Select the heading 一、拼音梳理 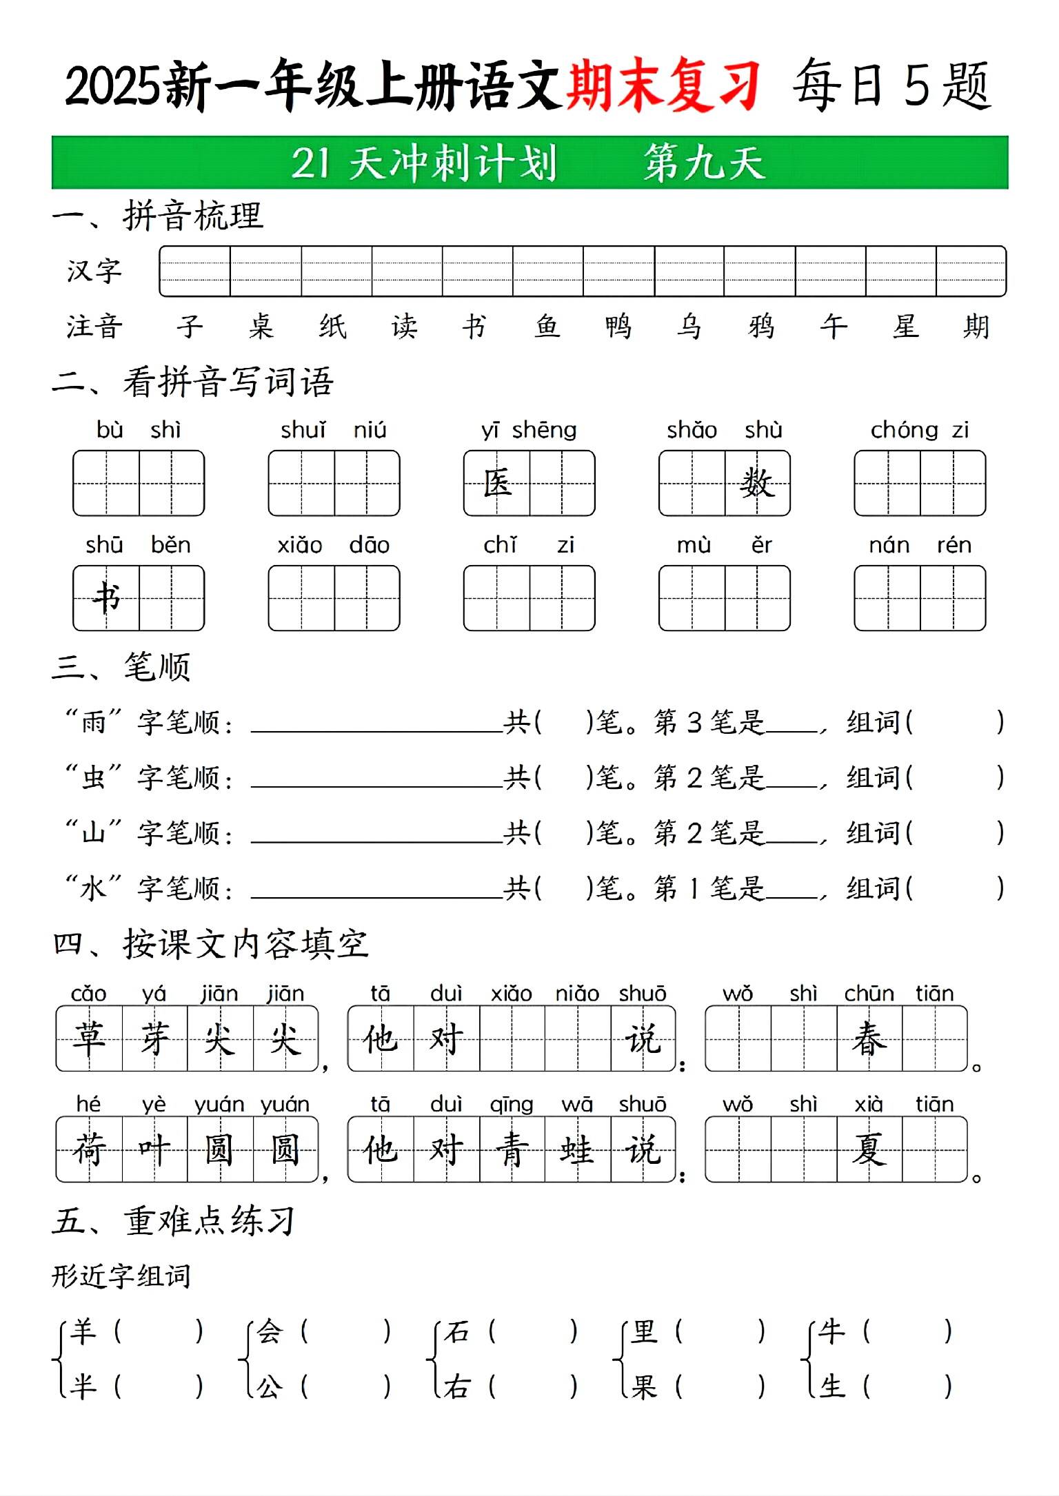158,216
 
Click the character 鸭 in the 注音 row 618,326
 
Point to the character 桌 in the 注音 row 261,326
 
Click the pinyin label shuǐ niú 334,430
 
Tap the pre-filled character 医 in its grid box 497,482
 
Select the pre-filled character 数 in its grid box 757,482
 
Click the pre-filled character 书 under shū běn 107,597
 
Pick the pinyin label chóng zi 920,430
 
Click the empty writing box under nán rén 920,597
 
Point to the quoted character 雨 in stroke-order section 93,722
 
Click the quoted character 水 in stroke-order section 93,888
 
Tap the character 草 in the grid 89,1038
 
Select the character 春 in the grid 869,1038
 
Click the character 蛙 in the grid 577,1149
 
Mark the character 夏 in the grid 869,1149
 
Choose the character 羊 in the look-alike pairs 83,1331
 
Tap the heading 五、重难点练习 174,1221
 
